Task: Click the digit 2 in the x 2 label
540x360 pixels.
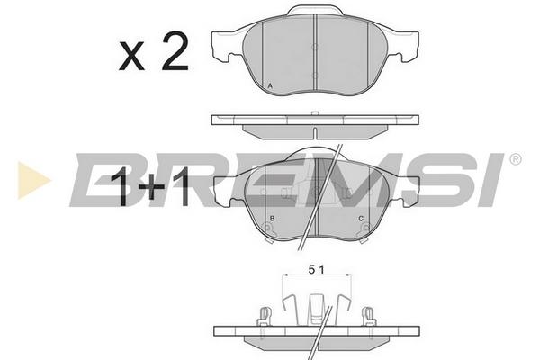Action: (x=175, y=51)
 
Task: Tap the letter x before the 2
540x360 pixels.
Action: (x=132, y=57)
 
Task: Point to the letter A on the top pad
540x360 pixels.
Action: (x=270, y=85)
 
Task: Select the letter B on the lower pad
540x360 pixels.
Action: (x=272, y=219)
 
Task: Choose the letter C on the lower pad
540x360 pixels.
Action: (x=361, y=219)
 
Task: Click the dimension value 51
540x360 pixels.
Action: (x=317, y=270)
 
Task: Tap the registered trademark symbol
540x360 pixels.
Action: (x=515, y=159)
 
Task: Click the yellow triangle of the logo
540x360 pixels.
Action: (x=32, y=180)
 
